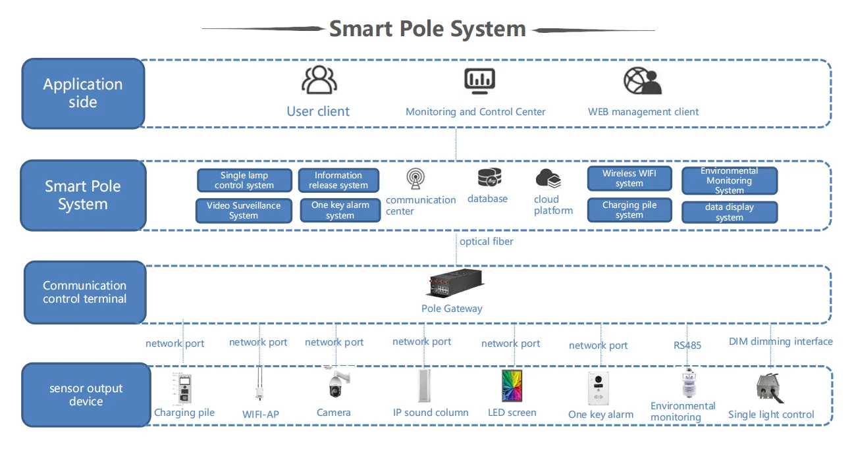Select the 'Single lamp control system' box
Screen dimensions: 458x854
coord(244,180)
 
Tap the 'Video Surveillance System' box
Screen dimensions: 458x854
coord(244,211)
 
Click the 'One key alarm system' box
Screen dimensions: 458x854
coord(340,211)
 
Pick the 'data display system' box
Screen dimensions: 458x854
coord(729,212)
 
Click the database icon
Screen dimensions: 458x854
coord(489,178)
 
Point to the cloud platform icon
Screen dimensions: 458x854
coord(548,178)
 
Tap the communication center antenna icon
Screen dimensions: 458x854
coord(415,179)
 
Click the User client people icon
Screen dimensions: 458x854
coord(319,80)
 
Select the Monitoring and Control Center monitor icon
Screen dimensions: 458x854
coord(479,80)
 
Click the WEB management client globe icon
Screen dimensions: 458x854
coord(642,80)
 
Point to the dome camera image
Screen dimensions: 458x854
coord(336,384)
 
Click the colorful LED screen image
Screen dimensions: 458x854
coord(511,386)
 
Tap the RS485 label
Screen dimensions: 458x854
coord(687,345)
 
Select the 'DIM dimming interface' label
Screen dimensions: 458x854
coord(780,342)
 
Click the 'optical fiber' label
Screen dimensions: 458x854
coord(486,242)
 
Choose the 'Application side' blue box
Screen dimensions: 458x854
coord(83,93)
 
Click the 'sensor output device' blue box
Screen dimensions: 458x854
coord(86,395)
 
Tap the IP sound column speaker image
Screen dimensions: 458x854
coord(423,386)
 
